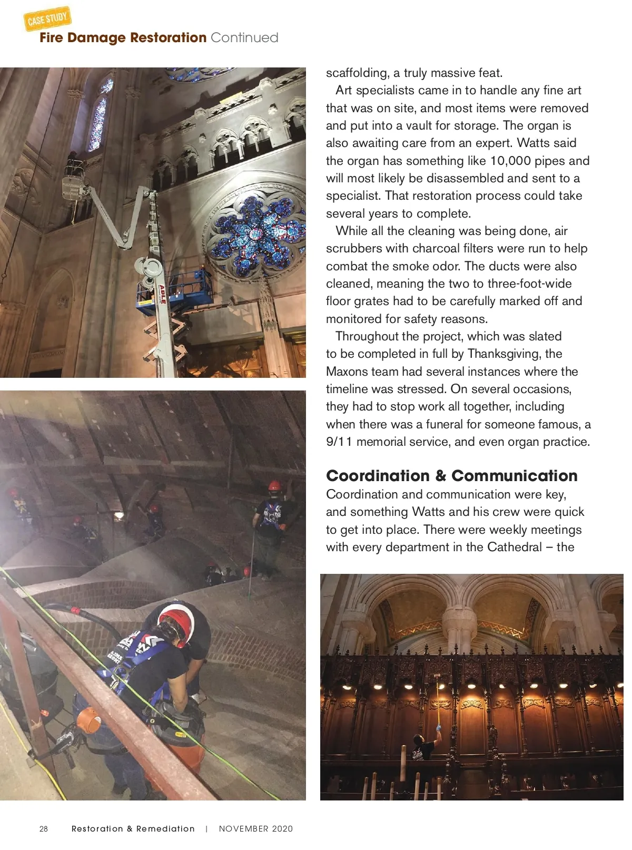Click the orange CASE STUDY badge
pos(47,19)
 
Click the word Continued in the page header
pos(244,38)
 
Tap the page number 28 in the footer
pos(44,829)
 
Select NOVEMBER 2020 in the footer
pos(255,829)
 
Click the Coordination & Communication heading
pos(451,476)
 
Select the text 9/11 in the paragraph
pos(339,442)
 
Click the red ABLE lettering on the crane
pos(163,294)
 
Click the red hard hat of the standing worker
pos(274,485)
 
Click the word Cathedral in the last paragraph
pos(515,548)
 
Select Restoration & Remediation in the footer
pos(133,829)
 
